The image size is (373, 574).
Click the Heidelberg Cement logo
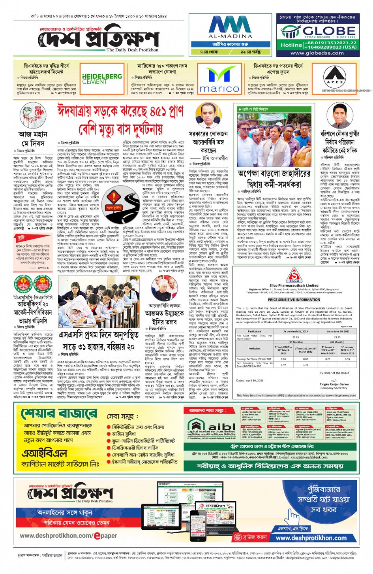pos(102,79)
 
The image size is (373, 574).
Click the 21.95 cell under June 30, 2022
pos(337,337)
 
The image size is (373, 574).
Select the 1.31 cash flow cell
pos(305,364)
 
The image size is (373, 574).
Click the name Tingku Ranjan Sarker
pos(334,384)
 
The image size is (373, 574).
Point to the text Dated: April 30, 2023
pos(250,380)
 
